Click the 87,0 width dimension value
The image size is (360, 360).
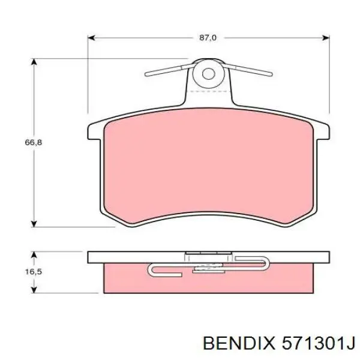[208, 38]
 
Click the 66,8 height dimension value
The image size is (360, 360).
[34, 142]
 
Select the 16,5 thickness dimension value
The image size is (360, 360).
[34, 272]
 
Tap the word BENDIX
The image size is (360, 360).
[239, 343]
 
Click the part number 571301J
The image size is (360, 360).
[319, 343]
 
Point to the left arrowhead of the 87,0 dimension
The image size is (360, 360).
[91, 38]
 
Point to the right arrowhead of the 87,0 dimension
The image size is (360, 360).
[326, 38]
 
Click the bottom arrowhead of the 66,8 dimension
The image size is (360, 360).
[34, 223]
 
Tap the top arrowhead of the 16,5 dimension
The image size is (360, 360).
[34, 255]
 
